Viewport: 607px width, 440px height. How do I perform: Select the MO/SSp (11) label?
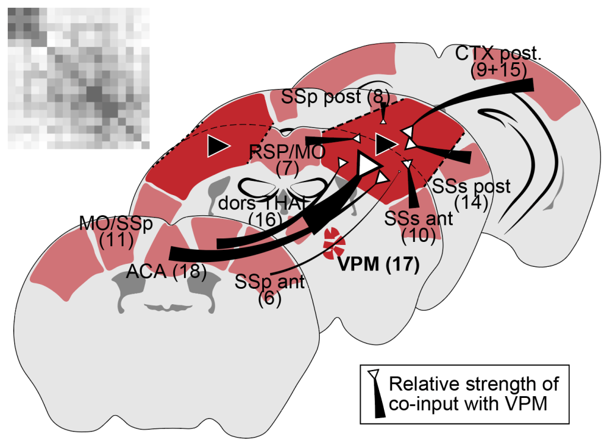[x=116, y=232]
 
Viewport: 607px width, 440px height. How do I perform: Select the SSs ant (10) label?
[x=418, y=227]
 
